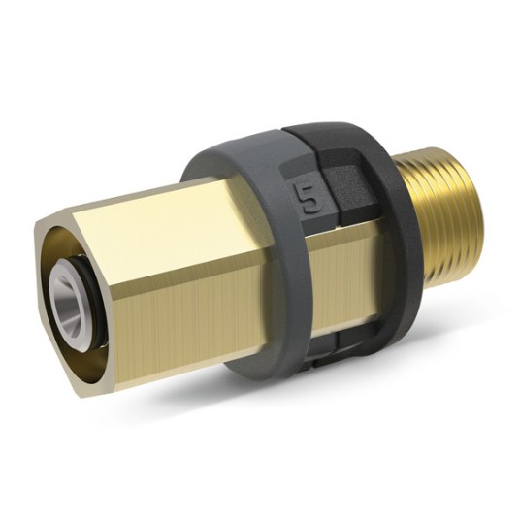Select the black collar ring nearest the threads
(x=383, y=243)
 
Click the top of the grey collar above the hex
(x=243, y=146)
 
